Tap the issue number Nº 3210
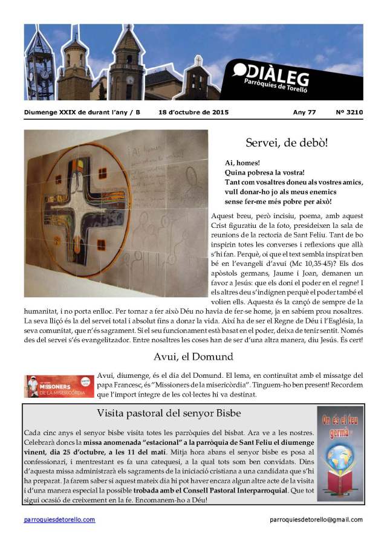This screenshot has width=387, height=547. (349, 112)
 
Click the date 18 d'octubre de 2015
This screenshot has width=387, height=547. (189, 112)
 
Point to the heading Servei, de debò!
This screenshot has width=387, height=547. (287, 143)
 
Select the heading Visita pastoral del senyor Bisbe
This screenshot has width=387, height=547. (169, 413)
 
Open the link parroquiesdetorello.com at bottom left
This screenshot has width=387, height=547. (59, 520)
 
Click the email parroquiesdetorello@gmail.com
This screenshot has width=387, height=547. (316, 520)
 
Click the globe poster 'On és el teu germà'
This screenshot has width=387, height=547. (340, 453)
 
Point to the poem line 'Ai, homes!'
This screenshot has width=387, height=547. (242, 163)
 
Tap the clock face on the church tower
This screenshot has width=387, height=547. (129, 79)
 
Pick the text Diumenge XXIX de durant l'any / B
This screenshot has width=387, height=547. (82, 112)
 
